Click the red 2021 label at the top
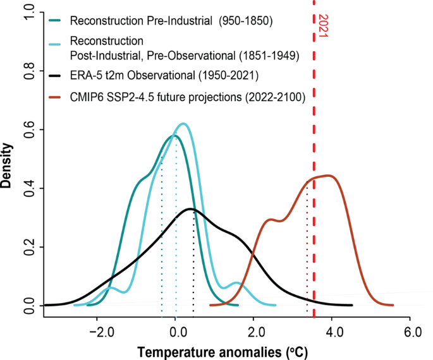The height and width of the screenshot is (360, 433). point(322,26)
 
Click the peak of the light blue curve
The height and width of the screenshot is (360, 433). point(183,124)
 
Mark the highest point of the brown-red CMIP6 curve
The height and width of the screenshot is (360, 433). point(327,176)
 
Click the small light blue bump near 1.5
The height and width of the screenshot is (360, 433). point(236,283)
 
